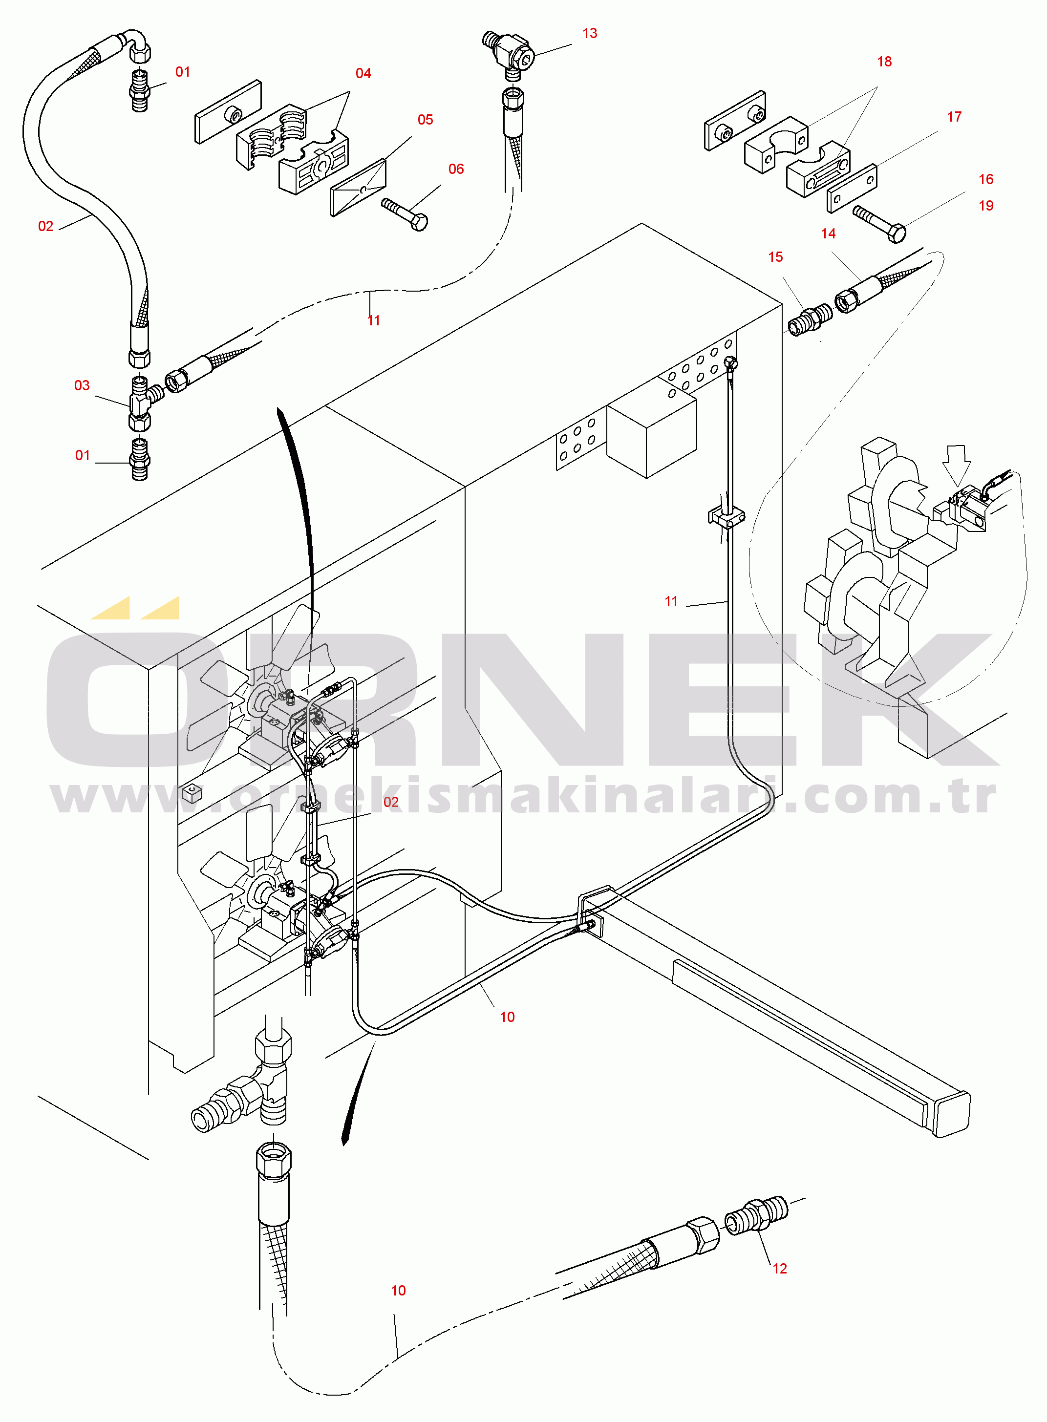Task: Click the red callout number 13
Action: (x=589, y=34)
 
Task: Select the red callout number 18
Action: (x=884, y=62)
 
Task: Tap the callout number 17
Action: (x=954, y=117)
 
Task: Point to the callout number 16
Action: (x=985, y=179)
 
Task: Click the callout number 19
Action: (x=985, y=206)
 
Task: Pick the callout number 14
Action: (x=828, y=234)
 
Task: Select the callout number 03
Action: (x=82, y=385)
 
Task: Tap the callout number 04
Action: (x=363, y=73)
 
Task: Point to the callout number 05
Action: (x=425, y=120)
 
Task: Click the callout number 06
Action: (x=456, y=169)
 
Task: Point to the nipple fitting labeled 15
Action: (x=810, y=319)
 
